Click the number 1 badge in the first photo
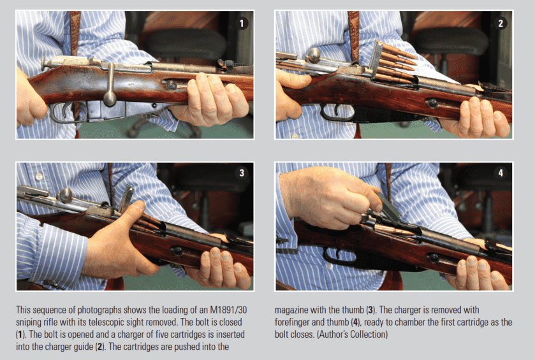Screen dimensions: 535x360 pos(242,23)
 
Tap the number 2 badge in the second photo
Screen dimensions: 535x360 pos(501,23)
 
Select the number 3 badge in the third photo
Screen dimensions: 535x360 pos(242,173)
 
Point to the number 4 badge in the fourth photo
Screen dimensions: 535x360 pos(501,173)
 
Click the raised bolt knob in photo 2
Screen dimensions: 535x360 pos(313,55)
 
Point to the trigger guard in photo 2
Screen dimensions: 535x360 pos(337,113)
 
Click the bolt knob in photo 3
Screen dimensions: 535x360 pos(64,195)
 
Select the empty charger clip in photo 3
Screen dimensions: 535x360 pos(126,198)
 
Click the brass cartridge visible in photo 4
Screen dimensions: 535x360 pos(395,230)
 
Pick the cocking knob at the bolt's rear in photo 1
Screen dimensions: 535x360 pos(45,64)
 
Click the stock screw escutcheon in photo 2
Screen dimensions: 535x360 pos(432,103)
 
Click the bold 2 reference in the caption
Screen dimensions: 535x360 pos(99,347)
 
